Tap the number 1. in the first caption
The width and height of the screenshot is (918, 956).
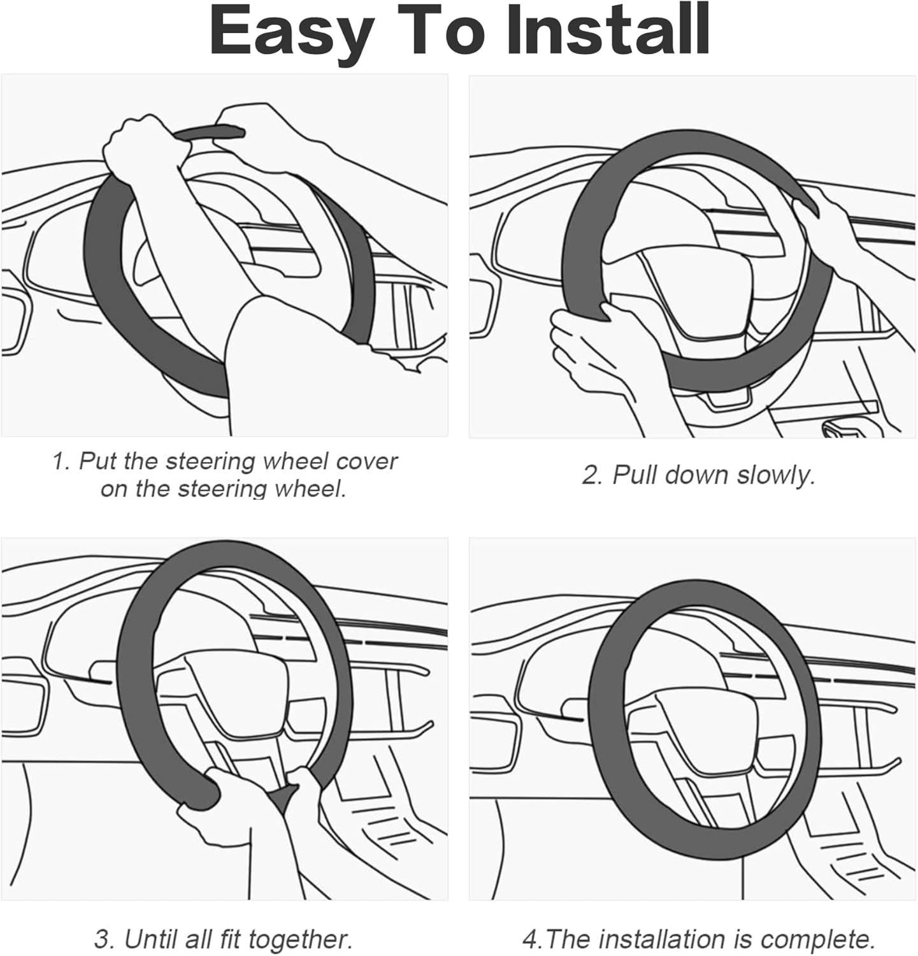click(x=61, y=461)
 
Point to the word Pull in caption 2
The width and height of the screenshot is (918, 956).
click(x=635, y=475)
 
